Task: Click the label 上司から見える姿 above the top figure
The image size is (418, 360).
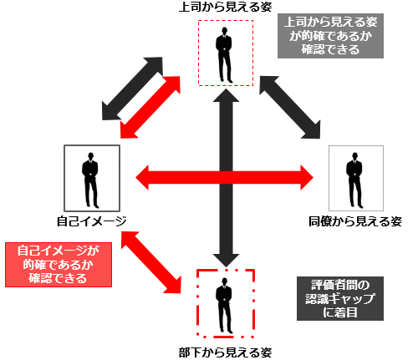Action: point(225,7)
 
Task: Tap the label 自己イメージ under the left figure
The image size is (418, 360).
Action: point(92,221)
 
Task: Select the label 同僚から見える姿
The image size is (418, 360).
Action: point(355,221)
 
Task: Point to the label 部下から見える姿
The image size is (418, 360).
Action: point(225,352)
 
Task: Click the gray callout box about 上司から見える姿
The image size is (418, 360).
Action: point(330,36)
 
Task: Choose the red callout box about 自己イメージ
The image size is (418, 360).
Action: point(59,265)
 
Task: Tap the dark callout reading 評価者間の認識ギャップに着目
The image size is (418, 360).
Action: point(340,298)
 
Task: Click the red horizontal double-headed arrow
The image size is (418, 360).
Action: point(224,177)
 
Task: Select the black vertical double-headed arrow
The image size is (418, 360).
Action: point(226,178)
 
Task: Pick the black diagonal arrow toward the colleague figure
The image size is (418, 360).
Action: point(290,107)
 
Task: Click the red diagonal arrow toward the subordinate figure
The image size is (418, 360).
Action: point(151,262)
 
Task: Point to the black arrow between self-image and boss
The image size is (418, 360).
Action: point(132,89)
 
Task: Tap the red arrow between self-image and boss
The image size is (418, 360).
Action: point(150,107)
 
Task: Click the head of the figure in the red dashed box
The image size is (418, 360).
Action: point(224,30)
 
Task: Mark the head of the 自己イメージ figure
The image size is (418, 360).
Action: point(90,155)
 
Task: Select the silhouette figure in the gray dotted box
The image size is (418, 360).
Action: point(354,180)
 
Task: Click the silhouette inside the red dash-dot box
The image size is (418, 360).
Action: point(224,306)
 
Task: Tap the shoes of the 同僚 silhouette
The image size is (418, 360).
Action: point(357,206)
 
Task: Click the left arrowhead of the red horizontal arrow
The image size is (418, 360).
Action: point(142,177)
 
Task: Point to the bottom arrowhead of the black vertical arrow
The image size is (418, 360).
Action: point(226,261)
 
